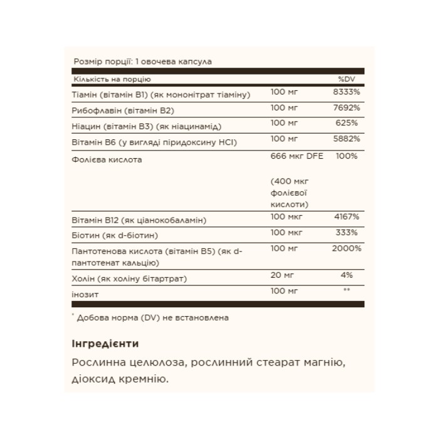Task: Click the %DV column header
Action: (x=347, y=79)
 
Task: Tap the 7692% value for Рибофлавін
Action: (x=347, y=110)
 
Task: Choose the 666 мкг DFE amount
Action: (x=297, y=156)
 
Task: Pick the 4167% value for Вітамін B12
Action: (x=347, y=218)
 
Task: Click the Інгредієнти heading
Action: (x=105, y=344)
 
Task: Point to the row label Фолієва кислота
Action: (x=107, y=159)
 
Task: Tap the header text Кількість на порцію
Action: (x=112, y=80)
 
